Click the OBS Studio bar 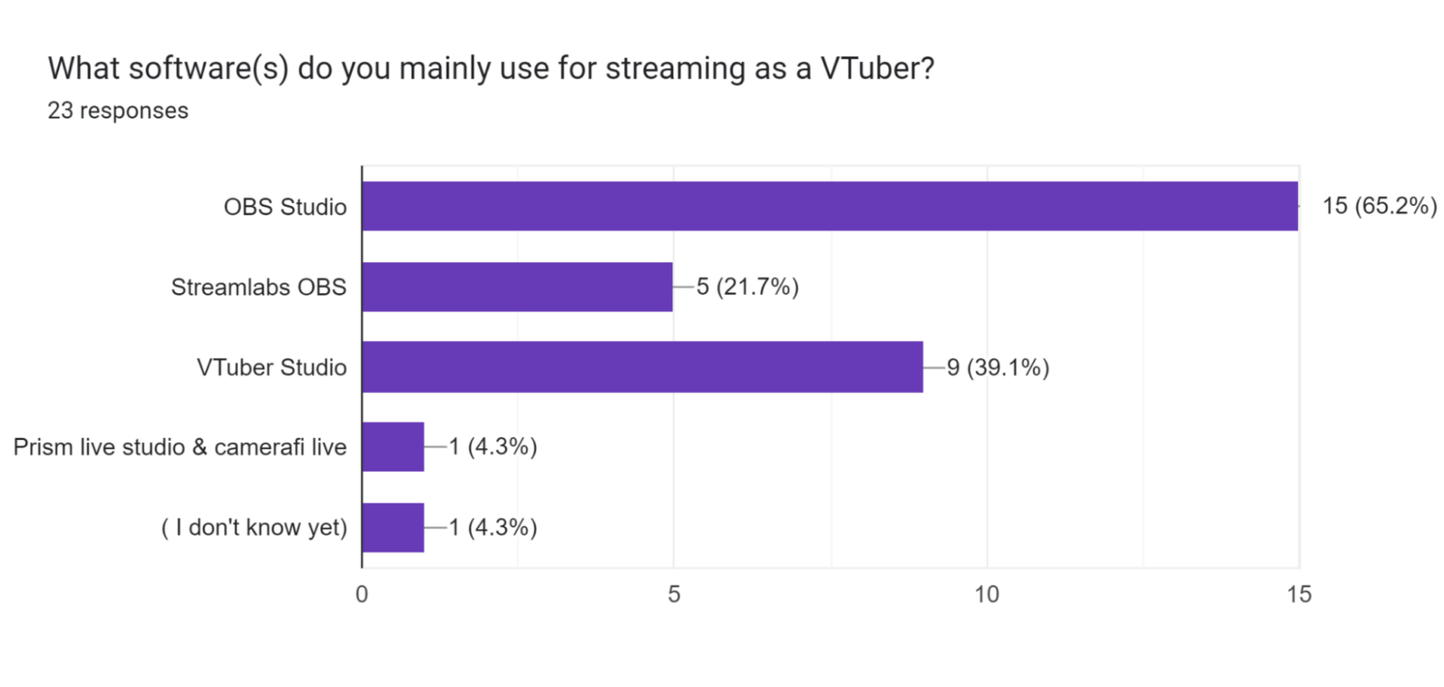click(829, 206)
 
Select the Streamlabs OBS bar click(517, 287)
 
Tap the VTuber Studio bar click(642, 367)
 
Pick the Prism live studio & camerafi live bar click(393, 447)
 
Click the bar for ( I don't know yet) click(393, 527)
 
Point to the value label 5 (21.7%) click(747, 287)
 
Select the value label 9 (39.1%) click(997, 367)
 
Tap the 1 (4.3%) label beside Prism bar click(493, 447)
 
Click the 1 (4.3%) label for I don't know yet click(493, 528)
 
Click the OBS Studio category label click(285, 207)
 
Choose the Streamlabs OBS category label click(259, 287)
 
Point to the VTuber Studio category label click(272, 367)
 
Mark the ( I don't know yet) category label click(254, 528)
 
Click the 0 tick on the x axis click(362, 594)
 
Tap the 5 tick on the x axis click(674, 594)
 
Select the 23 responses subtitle click(118, 110)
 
